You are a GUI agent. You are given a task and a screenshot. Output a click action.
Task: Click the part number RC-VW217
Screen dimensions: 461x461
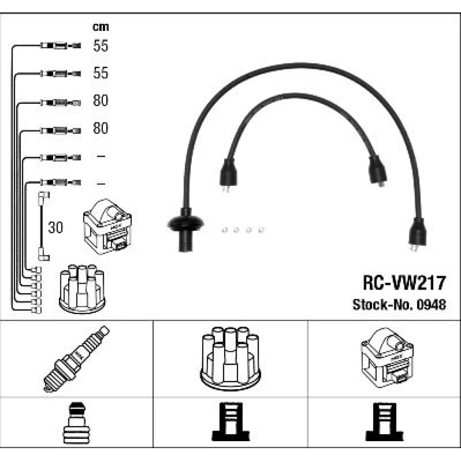(x=404, y=283)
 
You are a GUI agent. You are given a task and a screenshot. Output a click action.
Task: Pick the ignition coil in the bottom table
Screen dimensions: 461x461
(x=386, y=358)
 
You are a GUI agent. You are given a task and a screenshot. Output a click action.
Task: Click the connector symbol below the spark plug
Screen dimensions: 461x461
(x=76, y=423)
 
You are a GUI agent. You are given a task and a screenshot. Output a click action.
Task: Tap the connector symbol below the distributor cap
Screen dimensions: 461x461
(x=230, y=423)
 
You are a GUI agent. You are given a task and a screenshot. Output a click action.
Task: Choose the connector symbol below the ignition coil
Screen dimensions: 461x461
(x=384, y=423)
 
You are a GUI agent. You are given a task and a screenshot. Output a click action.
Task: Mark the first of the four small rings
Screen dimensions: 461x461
(x=224, y=229)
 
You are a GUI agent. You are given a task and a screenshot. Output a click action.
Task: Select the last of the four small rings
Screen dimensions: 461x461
(x=260, y=229)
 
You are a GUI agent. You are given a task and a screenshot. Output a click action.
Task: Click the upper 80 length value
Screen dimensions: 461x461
(x=100, y=101)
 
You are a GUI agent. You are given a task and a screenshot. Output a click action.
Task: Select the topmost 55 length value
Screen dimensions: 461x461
(x=100, y=46)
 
